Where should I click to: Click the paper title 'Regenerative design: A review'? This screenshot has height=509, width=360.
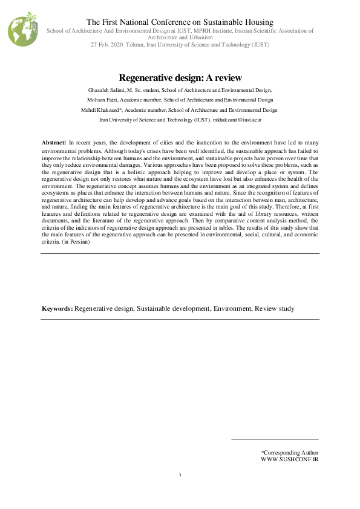(180, 77)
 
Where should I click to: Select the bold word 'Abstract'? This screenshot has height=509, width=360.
(54, 140)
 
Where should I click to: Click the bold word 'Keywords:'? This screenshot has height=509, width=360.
(57, 308)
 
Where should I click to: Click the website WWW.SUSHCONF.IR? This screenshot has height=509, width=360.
(289, 459)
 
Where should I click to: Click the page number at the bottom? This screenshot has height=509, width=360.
(180, 475)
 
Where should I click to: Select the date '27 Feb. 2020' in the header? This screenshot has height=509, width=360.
(108, 45)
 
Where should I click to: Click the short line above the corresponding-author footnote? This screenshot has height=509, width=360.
(275, 439)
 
